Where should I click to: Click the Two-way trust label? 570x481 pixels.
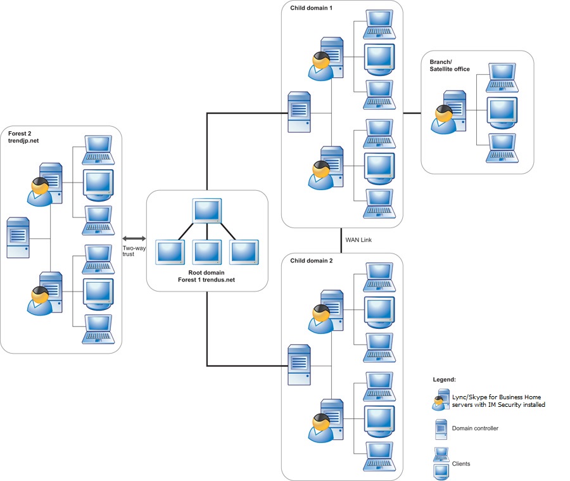pyautogui.click(x=134, y=251)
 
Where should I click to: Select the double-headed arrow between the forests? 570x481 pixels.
pyautogui.click(x=134, y=238)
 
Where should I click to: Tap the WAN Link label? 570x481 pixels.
pyautogui.click(x=358, y=240)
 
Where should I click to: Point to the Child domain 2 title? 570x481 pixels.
pyautogui.click(x=311, y=260)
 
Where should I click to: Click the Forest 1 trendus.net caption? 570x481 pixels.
pyautogui.click(x=206, y=279)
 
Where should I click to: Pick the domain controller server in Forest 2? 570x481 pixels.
pyautogui.click(x=18, y=238)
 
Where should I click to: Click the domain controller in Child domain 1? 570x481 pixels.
pyautogui.click(x=300, y=112)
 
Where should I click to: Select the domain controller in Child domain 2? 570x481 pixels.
pyautogui.click(x=300, y=364)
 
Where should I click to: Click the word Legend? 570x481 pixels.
pyautogui.click(x=444, y=379)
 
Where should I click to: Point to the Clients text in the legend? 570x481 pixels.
pyautogui.click(x=461, y=464)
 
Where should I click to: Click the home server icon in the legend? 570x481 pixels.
pyautogui.click(x=441, y=400)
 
